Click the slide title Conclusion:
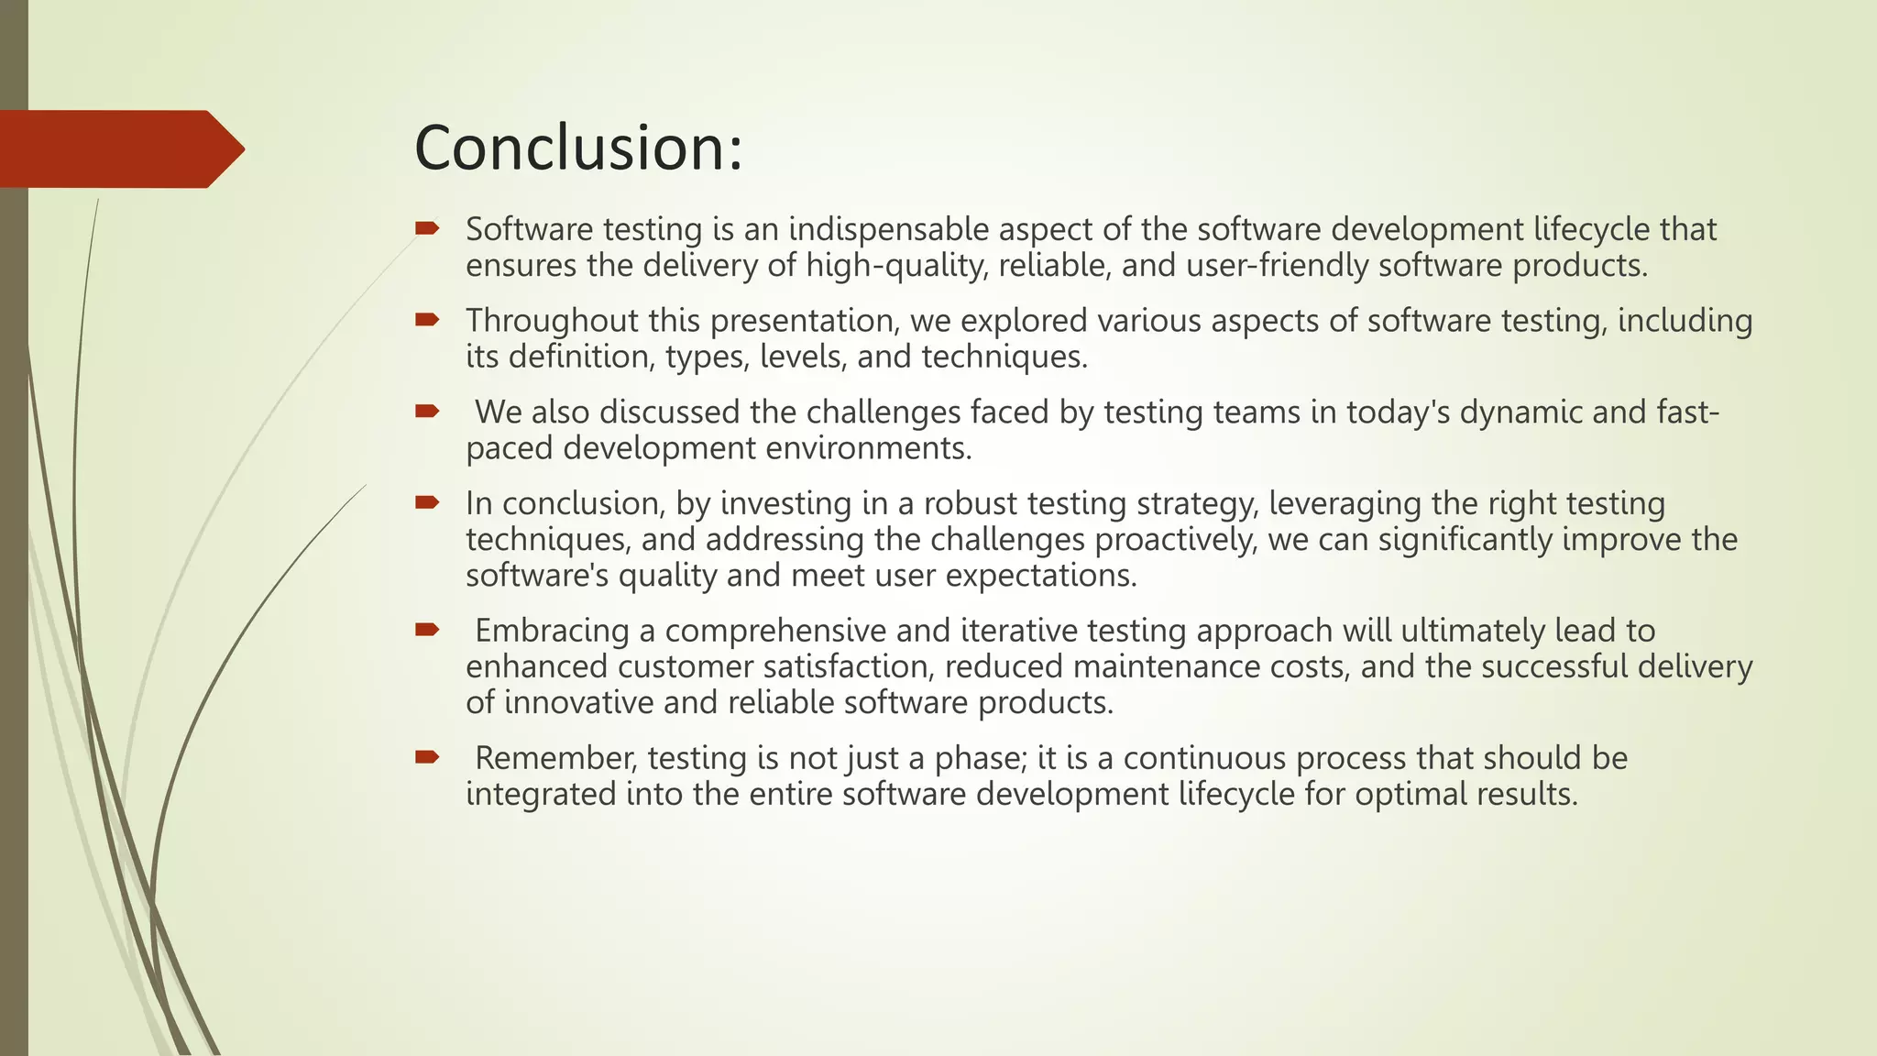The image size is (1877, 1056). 577,148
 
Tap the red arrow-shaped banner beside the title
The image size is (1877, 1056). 119,149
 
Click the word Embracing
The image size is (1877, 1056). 552,631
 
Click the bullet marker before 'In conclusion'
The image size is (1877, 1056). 427,501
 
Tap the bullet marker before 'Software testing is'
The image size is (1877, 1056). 427,227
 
